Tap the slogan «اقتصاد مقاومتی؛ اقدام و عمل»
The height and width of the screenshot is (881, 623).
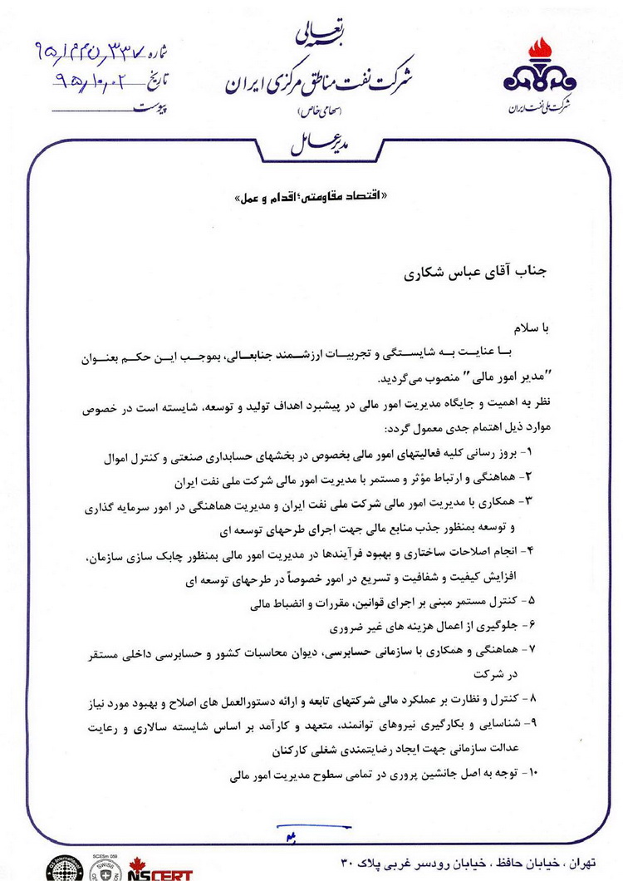click(311, 199)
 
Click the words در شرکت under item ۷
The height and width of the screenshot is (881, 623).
click(498, 675)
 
